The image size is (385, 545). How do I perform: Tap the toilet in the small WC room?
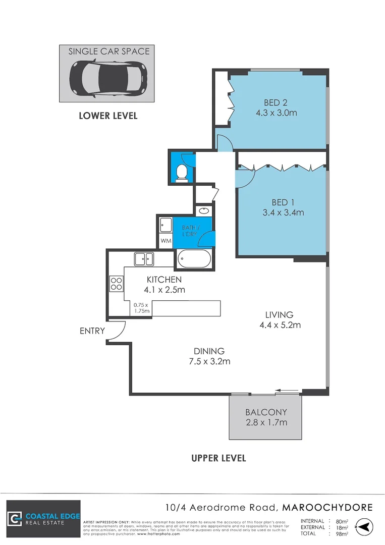tap(182, 174)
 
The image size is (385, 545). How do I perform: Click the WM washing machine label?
tap(166, 241)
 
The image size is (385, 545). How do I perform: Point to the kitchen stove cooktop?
tap(116, 284)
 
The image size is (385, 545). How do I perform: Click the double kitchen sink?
tap(144, 259)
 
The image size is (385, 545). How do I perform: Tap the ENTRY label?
tap(92, 331)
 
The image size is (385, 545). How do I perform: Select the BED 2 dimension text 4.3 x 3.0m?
tap(276, 113)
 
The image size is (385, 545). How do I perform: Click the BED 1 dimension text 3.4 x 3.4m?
tap(283, 212)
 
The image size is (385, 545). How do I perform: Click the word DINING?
tap(209, 351)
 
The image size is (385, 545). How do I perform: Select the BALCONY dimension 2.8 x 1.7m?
tap(266, 422)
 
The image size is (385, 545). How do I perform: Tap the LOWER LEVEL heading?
tap(108, 116)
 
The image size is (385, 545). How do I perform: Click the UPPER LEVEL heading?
tap(218, 458)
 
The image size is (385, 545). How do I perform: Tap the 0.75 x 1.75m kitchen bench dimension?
tap(142, 308)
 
